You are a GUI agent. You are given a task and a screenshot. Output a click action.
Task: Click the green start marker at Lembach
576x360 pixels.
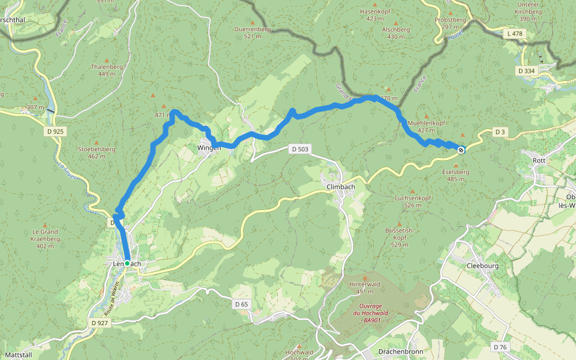[x=127, y=263]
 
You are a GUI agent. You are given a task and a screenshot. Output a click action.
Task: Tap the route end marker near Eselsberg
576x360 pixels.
[x=461, y=150]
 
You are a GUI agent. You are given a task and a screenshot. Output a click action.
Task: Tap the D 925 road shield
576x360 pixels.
[x=53, y=131]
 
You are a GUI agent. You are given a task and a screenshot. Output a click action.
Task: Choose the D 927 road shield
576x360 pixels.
[x=100, y=323]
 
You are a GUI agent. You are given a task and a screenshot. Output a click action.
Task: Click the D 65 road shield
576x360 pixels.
[x=241, y=304]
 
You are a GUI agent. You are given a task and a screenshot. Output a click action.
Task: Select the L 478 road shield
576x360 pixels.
[x=515, y=34]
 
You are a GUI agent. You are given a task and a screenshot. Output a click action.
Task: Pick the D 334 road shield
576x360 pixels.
[x=526, y=71]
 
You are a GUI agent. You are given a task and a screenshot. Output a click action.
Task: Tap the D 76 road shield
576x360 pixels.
[x=501, y=347]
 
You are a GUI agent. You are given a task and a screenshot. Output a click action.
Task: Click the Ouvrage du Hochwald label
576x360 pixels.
[x=366, y=313]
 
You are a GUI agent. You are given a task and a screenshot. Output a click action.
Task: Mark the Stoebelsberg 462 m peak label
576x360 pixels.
[x=96, y=152]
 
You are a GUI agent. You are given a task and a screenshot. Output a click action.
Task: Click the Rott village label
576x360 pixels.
[x=539, y=161]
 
